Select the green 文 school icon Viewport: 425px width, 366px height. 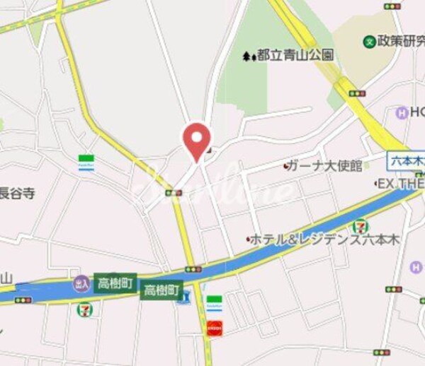pos(369,42)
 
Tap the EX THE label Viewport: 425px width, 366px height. pos(400,184)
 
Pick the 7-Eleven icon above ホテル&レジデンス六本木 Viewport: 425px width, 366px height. pos(361,228)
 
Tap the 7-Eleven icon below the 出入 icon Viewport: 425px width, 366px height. pos(85,308)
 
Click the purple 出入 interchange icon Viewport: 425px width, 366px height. pos(81,283)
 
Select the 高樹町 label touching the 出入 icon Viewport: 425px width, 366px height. pos(114,282)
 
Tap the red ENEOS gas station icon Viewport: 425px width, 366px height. pos(214,327)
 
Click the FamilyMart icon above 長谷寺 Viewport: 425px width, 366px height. pos(86,162)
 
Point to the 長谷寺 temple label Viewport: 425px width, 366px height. pos(18,193)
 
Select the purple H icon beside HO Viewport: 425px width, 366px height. pos(402,112)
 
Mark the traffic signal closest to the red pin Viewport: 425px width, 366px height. pos(173,192)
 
